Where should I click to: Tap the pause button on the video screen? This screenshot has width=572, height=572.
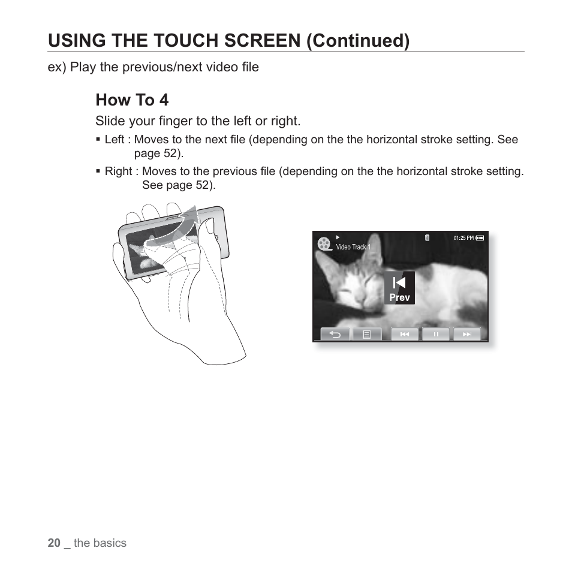436,335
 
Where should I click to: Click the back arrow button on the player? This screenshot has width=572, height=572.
335,335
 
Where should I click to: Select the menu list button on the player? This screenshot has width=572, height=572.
367,335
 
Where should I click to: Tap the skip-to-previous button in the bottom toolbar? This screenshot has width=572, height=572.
405,335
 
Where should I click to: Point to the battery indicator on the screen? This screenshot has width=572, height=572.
480,238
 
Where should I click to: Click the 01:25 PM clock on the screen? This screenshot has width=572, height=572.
463,238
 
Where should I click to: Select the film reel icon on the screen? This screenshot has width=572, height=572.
324,243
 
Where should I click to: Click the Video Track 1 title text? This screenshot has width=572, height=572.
353,247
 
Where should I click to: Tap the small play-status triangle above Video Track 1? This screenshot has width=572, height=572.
338,237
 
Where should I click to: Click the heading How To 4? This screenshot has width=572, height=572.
132,100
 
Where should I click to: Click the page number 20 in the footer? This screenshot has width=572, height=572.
54,543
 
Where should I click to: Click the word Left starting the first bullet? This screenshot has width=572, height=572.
115,140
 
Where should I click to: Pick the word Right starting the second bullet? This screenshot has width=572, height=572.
118,171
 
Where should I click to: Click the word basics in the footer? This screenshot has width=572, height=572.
110,543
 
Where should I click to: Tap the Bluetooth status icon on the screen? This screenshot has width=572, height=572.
427,238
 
